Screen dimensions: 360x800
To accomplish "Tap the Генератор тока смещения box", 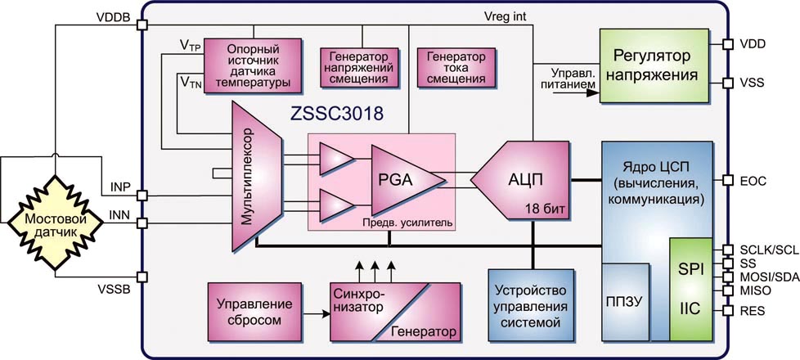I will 451,69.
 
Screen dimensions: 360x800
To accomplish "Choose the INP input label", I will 119,187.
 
